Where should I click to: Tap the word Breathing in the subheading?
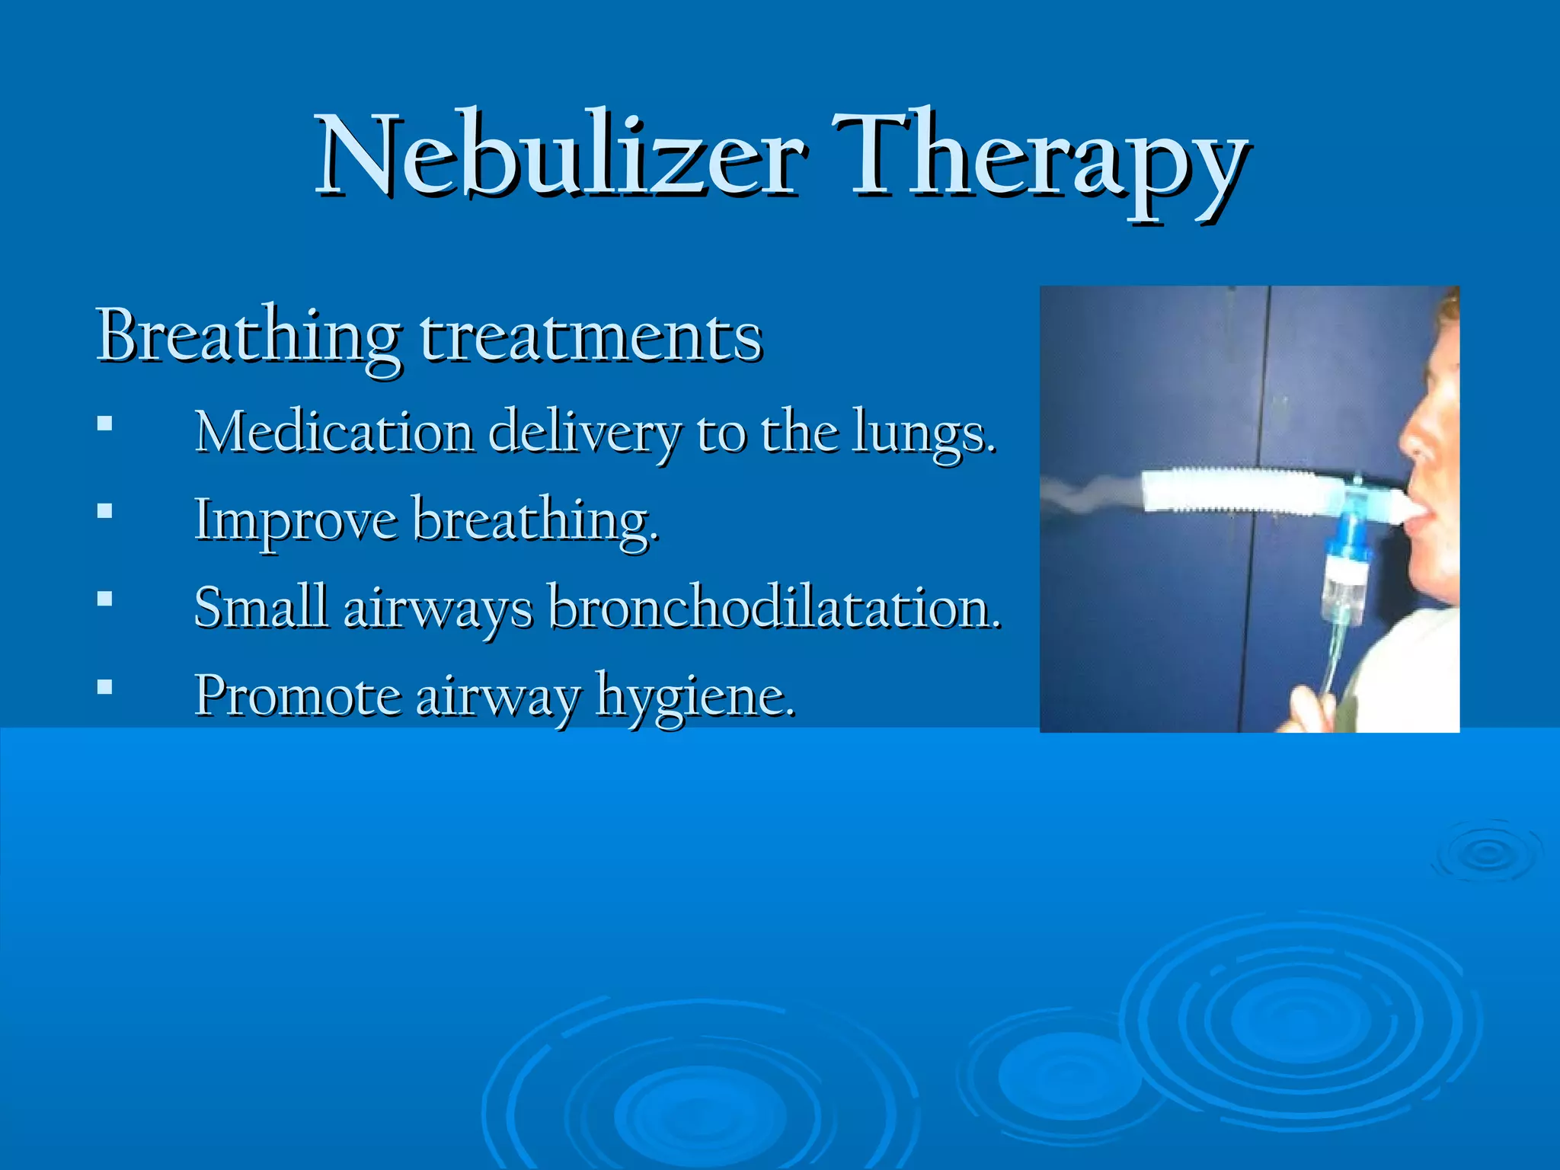point(248,337)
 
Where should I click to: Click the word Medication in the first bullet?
point(334,432)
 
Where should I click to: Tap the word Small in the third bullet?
point(261,607)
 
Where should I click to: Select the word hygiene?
point(695,697)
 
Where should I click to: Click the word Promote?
point(298,696)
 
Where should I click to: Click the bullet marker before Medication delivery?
point(105,423)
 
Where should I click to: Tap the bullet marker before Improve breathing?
point(105,510)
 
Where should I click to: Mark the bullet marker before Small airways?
point(105,599)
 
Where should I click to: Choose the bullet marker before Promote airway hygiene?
point(105,687)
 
